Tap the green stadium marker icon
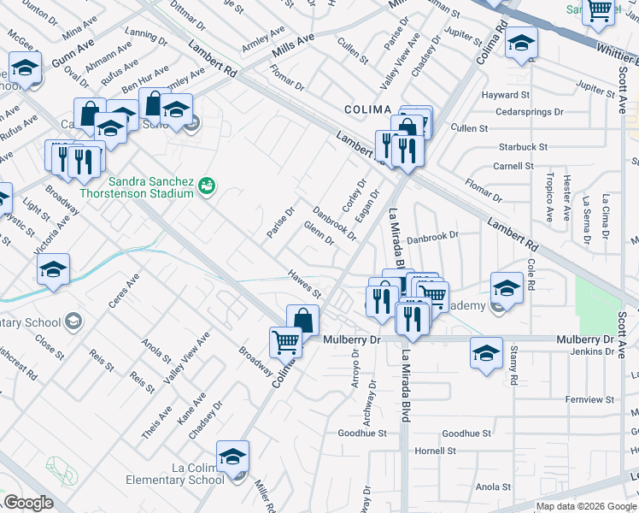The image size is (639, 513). pos(206,185)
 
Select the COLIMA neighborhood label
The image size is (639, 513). pos(367,110)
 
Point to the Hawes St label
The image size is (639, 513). pos(303,284)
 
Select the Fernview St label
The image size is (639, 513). pos(590,399)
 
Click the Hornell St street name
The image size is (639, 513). pos(437,451)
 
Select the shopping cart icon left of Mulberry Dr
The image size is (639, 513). pos(285,342)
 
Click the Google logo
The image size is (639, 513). pos(29,503)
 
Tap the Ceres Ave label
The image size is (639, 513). pos(123,292)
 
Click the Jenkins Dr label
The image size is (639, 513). pos(592,351)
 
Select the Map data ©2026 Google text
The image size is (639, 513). pos(586,506)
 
